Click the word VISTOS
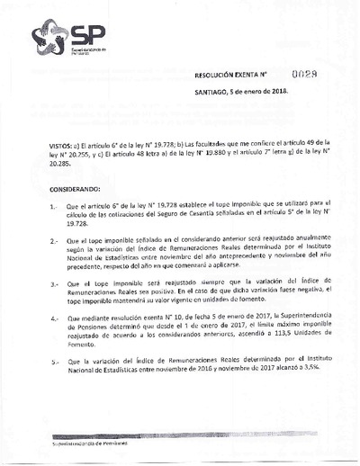point(37,144)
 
